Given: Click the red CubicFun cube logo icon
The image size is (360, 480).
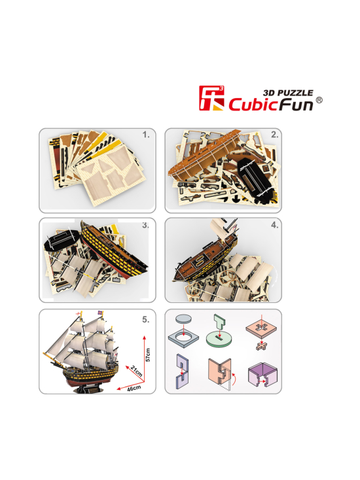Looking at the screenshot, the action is (x=211, y=98).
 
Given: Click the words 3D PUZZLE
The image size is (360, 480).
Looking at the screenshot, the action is (x=288, y=93).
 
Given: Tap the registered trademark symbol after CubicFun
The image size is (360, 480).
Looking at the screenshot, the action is (x=319, y=101).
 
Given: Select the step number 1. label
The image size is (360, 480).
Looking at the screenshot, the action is (x=146, y=135).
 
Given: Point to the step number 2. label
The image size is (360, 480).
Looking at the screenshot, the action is (x=275, y=135).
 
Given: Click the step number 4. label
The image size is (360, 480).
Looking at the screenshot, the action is (x=274, y=225).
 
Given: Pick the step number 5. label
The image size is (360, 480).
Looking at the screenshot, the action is (x=146, y=320).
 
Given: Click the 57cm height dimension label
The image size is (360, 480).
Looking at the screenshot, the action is (x=148, y=355).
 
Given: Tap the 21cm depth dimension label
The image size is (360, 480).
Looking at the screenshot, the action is (x=137, y=371).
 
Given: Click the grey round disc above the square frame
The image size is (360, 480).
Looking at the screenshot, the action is (x=183, y=318).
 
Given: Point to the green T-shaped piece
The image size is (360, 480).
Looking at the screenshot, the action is (x=219, y=322).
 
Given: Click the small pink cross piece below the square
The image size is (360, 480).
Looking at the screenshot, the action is (x=261, y=346).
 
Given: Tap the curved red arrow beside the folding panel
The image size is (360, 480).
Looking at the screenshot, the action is (x=234, y=379).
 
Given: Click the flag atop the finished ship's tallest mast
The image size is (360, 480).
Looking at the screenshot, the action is (x=100, y=313).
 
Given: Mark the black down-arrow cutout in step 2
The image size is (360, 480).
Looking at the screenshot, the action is (x=236, y=199).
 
